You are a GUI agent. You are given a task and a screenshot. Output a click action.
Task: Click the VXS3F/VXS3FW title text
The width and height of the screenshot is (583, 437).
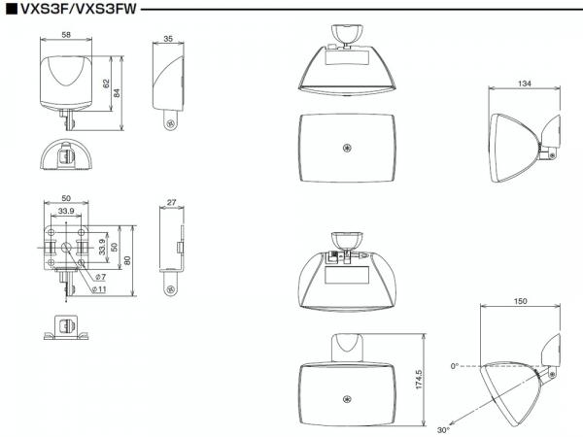coord(79,8)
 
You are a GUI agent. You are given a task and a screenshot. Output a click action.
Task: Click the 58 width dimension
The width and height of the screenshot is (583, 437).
coord(66,35)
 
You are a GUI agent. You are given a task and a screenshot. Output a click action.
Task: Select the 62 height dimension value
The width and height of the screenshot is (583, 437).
coord(106,84)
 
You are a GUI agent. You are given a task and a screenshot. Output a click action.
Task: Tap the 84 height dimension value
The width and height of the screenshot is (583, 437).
coord(117,93)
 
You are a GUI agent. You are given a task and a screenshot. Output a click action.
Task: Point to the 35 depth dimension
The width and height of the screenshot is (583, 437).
coord(168,39)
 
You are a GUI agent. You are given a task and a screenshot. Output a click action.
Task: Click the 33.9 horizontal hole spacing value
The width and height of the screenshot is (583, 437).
coord(66,211)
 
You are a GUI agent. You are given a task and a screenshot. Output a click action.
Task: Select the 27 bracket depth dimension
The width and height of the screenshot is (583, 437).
coord(171,203)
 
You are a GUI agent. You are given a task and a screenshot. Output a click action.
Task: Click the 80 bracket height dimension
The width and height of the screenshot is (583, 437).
coord(127,260)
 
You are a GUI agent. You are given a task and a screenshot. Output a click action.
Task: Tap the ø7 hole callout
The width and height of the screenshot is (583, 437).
coord(100,277)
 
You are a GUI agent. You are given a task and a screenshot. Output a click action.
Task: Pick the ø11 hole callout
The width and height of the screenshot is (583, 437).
coord(99,289)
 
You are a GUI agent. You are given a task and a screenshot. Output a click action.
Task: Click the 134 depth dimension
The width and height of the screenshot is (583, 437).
coord(525,84)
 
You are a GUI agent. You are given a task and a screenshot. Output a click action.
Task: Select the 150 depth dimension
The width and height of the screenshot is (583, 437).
coord(520,301)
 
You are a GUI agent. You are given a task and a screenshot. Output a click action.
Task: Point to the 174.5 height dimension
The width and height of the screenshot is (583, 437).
coord(419,380)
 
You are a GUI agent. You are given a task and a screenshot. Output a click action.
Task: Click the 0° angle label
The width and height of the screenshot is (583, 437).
coord(455,366)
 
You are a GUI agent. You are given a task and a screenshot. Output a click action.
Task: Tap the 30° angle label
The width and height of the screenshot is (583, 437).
coord(443,430)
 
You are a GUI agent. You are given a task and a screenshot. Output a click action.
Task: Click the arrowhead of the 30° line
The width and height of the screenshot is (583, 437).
coord(452,423)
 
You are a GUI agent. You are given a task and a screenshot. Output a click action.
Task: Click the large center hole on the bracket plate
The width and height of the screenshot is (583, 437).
coord(66,247)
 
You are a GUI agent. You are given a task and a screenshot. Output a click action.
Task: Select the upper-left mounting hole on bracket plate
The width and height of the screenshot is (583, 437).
coord(51,233)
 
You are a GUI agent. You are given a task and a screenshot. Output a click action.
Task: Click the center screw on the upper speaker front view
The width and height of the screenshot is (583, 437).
coord(347,148)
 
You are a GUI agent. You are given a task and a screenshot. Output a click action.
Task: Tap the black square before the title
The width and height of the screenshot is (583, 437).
coord(12,9)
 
